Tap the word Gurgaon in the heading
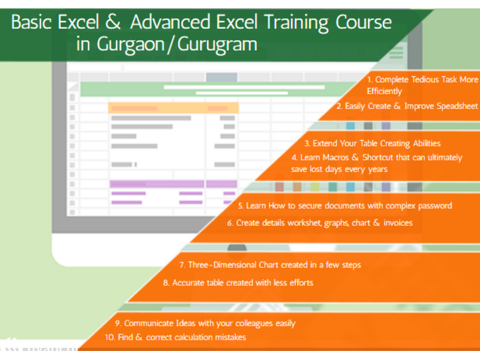(131, 44)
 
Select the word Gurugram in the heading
(217, 44)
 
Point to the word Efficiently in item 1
(384, 91)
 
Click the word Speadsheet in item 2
(457, 106)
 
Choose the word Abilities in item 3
(427, 143)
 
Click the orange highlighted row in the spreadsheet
(173, 108)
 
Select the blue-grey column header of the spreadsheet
(221, 77)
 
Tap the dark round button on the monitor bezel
(237, 248)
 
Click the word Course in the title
(364, 22)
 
